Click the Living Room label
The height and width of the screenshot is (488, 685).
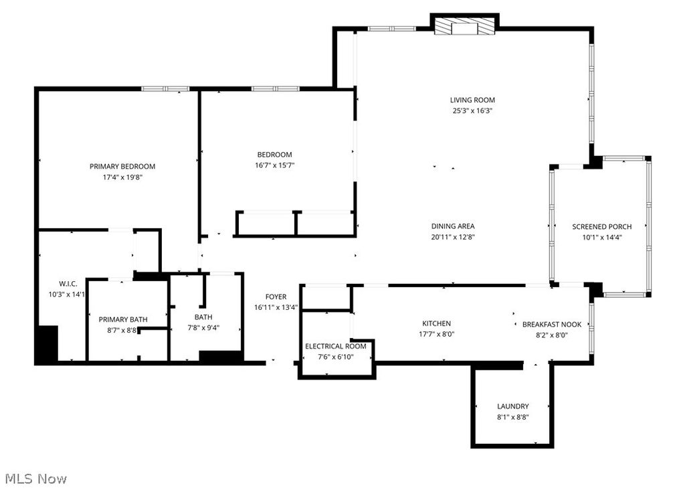click(x=472, y=100)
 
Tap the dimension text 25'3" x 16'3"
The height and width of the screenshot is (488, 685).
click(x=472, y=111)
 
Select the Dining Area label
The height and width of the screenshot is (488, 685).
click(x=453, y=226)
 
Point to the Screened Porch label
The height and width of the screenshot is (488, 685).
click(x=601, y=227)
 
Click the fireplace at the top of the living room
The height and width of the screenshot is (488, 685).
click(x=464, y=26)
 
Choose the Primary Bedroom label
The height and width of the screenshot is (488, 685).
click(x=122, y=167)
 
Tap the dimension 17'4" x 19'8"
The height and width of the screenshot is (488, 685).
click(x=122, y=177)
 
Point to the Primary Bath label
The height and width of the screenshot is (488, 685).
click(x=123, y=319)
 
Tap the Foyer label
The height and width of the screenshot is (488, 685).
click(x=276, y=297)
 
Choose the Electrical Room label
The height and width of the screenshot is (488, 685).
click(x=335, y=346)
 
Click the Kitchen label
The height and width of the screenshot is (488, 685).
click(x=435, y=323)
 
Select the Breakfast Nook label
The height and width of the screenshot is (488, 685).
click(x=551, y=324)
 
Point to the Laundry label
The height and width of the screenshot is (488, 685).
click(x=512, y=406)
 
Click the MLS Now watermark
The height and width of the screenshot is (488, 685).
click(x=36, y=479)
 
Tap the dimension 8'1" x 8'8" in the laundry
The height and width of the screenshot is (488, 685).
click(x=512, y=417)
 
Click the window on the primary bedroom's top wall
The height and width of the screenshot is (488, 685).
click(x=165, y=88)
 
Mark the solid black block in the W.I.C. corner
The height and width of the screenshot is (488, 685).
click(x=46, y=344)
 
